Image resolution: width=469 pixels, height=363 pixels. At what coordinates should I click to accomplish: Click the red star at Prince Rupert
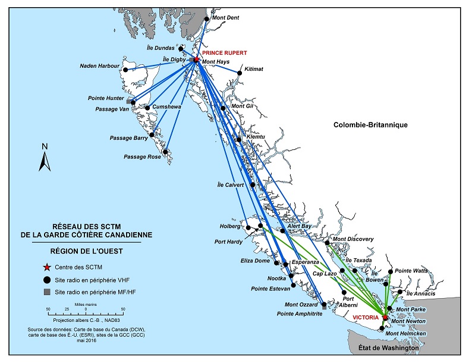click(x=196, y=60)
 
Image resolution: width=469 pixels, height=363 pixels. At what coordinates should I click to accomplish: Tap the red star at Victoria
click(x=385, y=318)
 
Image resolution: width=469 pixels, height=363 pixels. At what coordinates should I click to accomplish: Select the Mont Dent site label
click(x=226, y=18)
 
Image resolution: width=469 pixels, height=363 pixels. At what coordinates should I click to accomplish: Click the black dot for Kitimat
click(x=240, y=73)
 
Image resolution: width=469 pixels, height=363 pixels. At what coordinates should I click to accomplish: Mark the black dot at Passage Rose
click(x=166, y=151)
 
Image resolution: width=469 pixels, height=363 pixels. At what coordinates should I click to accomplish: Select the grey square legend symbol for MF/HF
click(x=46, y=292)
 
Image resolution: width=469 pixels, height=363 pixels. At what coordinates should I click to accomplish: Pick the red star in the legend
click(x=46, y=268)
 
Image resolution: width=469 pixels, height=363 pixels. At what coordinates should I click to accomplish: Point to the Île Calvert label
click(x=230, y=185)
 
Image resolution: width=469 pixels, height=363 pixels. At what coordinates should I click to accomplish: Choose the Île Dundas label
click(x=160, y=48)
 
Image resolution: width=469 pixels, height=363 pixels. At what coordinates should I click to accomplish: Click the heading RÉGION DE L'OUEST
click(x=86, y=251)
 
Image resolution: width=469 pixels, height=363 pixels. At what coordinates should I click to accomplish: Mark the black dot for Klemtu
click(x=238, y=140)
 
